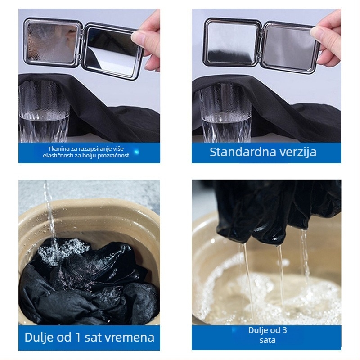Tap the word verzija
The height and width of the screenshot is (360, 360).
click(x=298, y=152)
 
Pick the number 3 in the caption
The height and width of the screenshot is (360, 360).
click(x=285, y=330)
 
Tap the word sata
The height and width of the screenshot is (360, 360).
click(x=267, y=340)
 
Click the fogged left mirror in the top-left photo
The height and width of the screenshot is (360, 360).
click(x=53, y=43)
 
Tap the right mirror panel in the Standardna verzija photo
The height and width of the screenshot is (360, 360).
click(x=290, y=47)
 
